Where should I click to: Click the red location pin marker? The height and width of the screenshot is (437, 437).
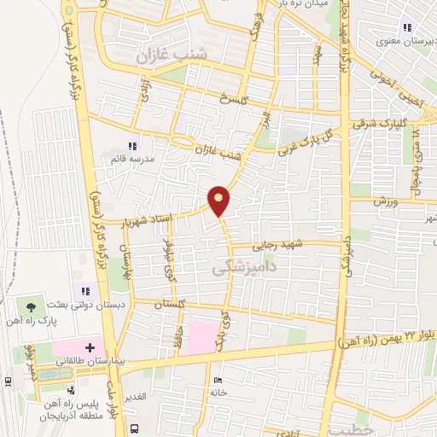pyautogui.click(x=219, y=201)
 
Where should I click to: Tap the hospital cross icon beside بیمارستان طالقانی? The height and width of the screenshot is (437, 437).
pyautogui.click(x=90, y=347)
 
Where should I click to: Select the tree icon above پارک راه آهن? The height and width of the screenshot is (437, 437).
pyautogui.click(x=32, y=305)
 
